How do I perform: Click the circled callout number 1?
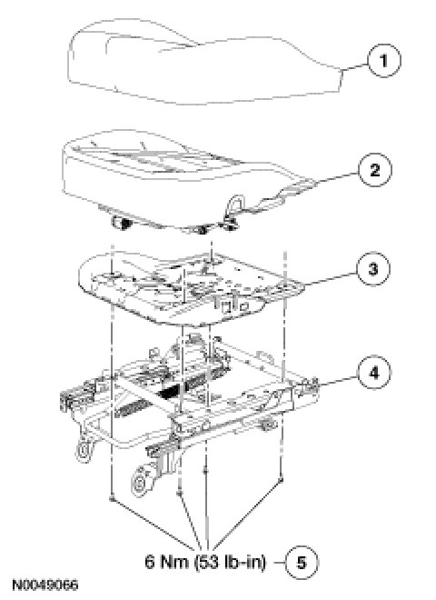coord(383,61)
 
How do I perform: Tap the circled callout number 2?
coord(374,170)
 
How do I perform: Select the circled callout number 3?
coord(373,268)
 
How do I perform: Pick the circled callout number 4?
coord(373,373)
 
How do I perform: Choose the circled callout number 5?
coord(302,563)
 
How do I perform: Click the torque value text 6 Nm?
coord(167,562)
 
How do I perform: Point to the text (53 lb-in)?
coord(230,562)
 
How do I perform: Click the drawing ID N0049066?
coord(45,585)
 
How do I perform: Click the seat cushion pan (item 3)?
coord(192,287)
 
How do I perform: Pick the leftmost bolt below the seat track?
coord(112,498)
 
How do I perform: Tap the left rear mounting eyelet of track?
coord(84,451)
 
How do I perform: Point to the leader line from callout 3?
coord(331,278)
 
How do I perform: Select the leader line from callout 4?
coord(338,379)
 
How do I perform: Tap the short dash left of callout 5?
coord(279,563)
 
